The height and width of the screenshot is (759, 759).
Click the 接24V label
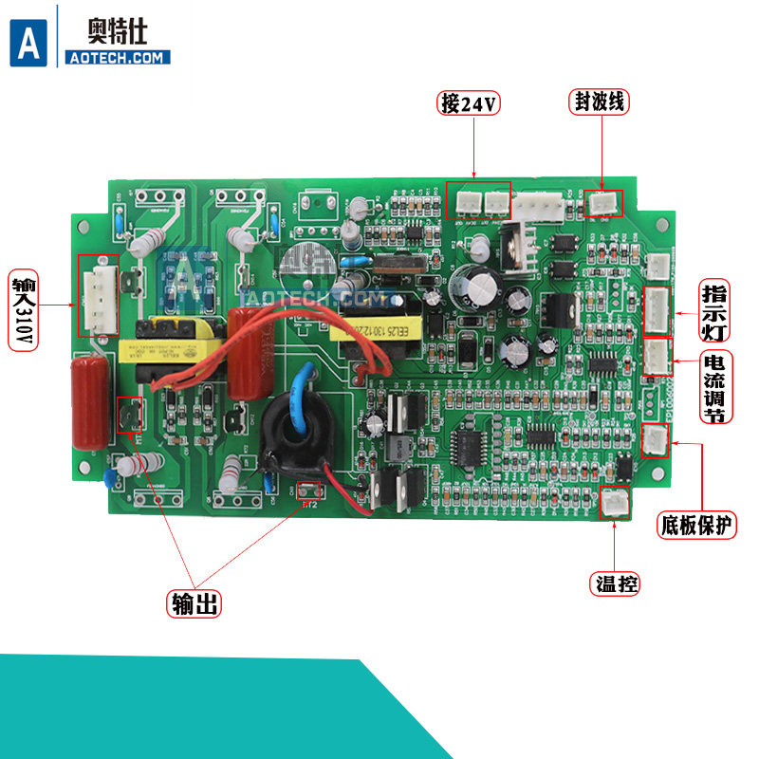[x=469, y=103]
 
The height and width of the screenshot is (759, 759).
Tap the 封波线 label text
[x=601, y=102]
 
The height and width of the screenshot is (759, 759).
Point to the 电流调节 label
[x=715, y=388]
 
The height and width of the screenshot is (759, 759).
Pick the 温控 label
[x=614, y=583]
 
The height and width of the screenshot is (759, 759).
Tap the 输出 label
[x=194, y=603]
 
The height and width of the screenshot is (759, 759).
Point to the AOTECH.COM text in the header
[x=118, y=58]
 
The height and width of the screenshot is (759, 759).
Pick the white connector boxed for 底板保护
[x=655, y=440]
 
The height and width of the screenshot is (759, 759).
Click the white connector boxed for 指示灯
[x=657, y=309]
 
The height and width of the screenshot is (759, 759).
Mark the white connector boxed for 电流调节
[x=657, y=357]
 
